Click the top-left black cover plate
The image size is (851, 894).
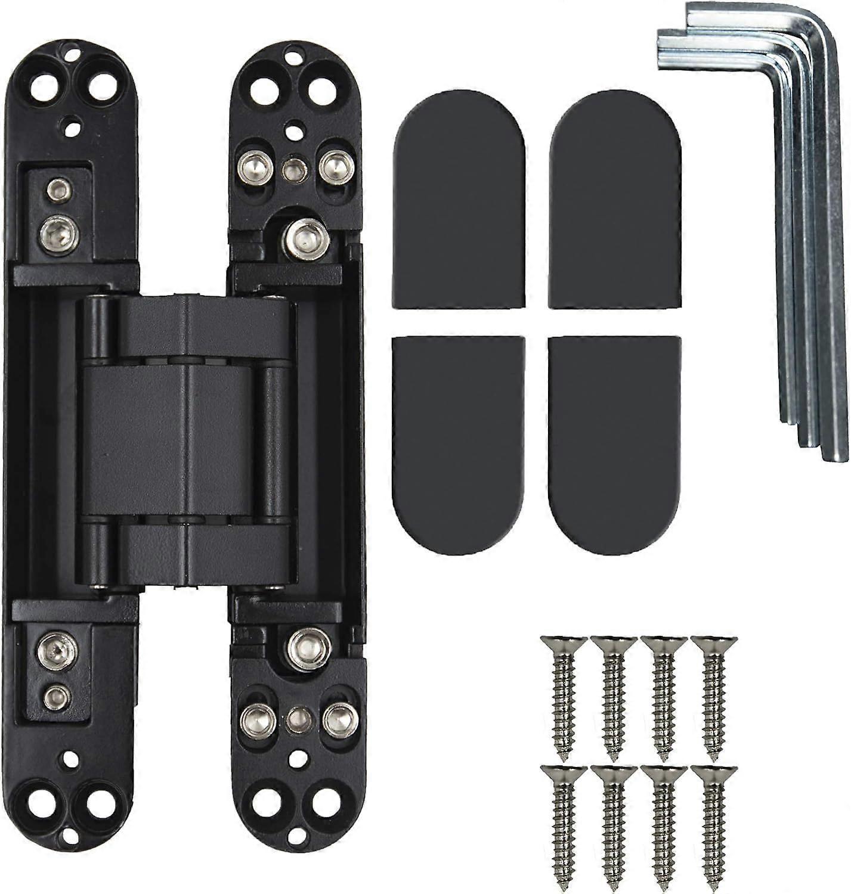458,200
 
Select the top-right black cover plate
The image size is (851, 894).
614,200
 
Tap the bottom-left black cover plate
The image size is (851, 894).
458,444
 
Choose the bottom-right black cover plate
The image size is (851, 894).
614,444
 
